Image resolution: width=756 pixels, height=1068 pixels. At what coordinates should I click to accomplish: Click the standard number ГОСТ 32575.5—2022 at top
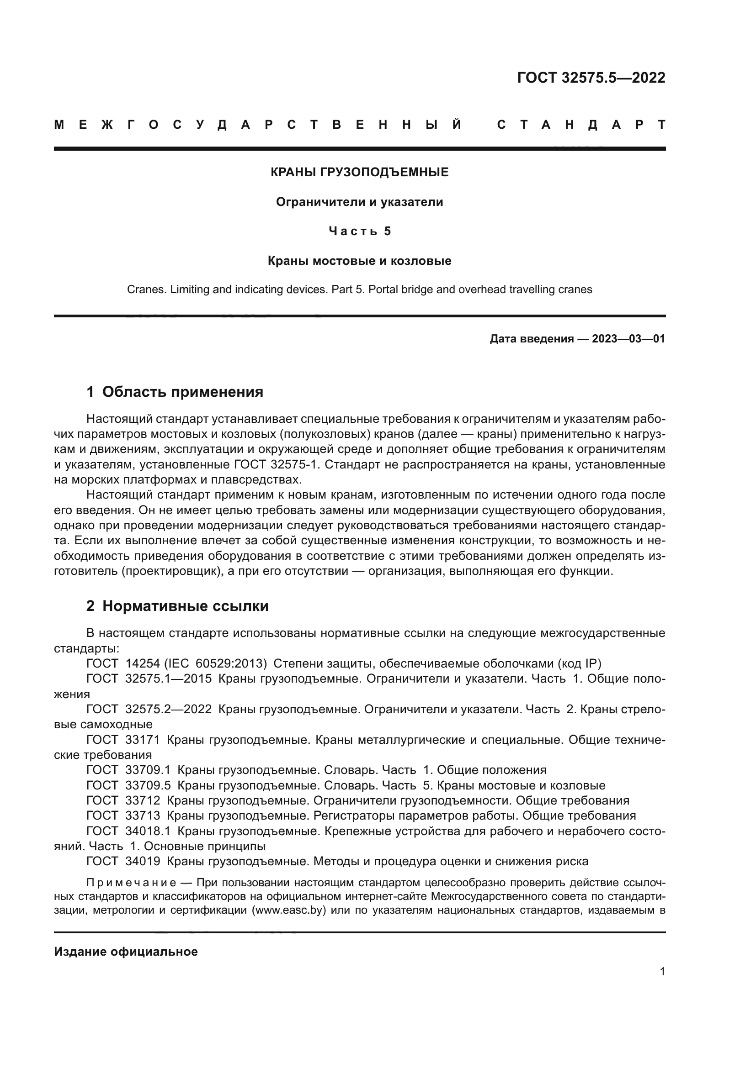pyautogui.click(x=591, y=78)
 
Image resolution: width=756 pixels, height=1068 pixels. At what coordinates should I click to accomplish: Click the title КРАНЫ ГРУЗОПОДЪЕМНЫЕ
pyautogui.click(x=359, y=173)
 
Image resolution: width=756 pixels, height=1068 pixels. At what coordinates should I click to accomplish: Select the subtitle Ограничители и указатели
pyautogui.click(x=359, y=202)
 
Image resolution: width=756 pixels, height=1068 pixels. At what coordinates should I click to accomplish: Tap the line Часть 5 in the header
pyautogui.click(x=359, y=231)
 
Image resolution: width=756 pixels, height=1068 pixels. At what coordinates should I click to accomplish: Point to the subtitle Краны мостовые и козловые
pyautogui.click(x=359, y=261)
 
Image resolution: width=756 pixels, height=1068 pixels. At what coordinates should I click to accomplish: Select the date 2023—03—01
pyautogui.click(x=628, y=339)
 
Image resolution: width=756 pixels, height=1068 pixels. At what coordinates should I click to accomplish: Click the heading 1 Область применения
pyautogui.click(x=175, y=392)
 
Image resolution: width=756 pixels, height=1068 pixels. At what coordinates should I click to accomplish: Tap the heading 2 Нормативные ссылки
pyautogui.click(x=177, y=606)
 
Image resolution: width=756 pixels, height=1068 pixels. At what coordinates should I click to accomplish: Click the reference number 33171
pyautogui.click(x=143, y=740)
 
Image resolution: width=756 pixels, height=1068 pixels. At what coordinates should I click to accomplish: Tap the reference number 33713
pyautogui.click(x=143, y=816)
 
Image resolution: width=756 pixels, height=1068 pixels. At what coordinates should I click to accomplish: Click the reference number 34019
pyautogui.click(x=143, y=862)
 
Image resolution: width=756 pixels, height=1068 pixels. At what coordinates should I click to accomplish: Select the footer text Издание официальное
pyautogui.click(x=126, y=952)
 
